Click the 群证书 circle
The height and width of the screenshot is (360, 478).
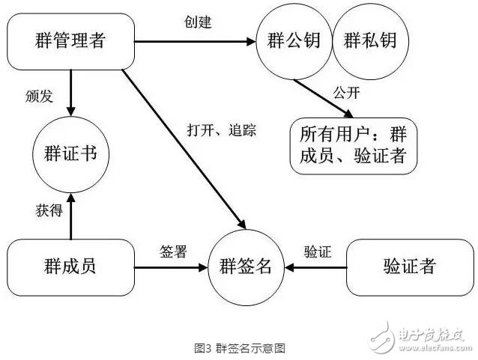tap(71, 156)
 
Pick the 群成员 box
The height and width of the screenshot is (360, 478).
tap(71, 266)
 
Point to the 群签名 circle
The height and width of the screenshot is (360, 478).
tap(245, 266)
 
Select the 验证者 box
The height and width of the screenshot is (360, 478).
tap(409, 266)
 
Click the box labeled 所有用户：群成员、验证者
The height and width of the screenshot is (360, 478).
tap(354, 147)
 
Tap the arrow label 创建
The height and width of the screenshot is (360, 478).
tap(198, 22)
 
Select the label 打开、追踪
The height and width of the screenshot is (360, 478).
tap(221, 130)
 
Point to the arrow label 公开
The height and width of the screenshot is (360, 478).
tap(346, 95)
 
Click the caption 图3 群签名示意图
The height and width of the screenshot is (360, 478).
tap(240, 348)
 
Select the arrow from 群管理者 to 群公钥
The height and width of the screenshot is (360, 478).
tap(195, 42)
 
